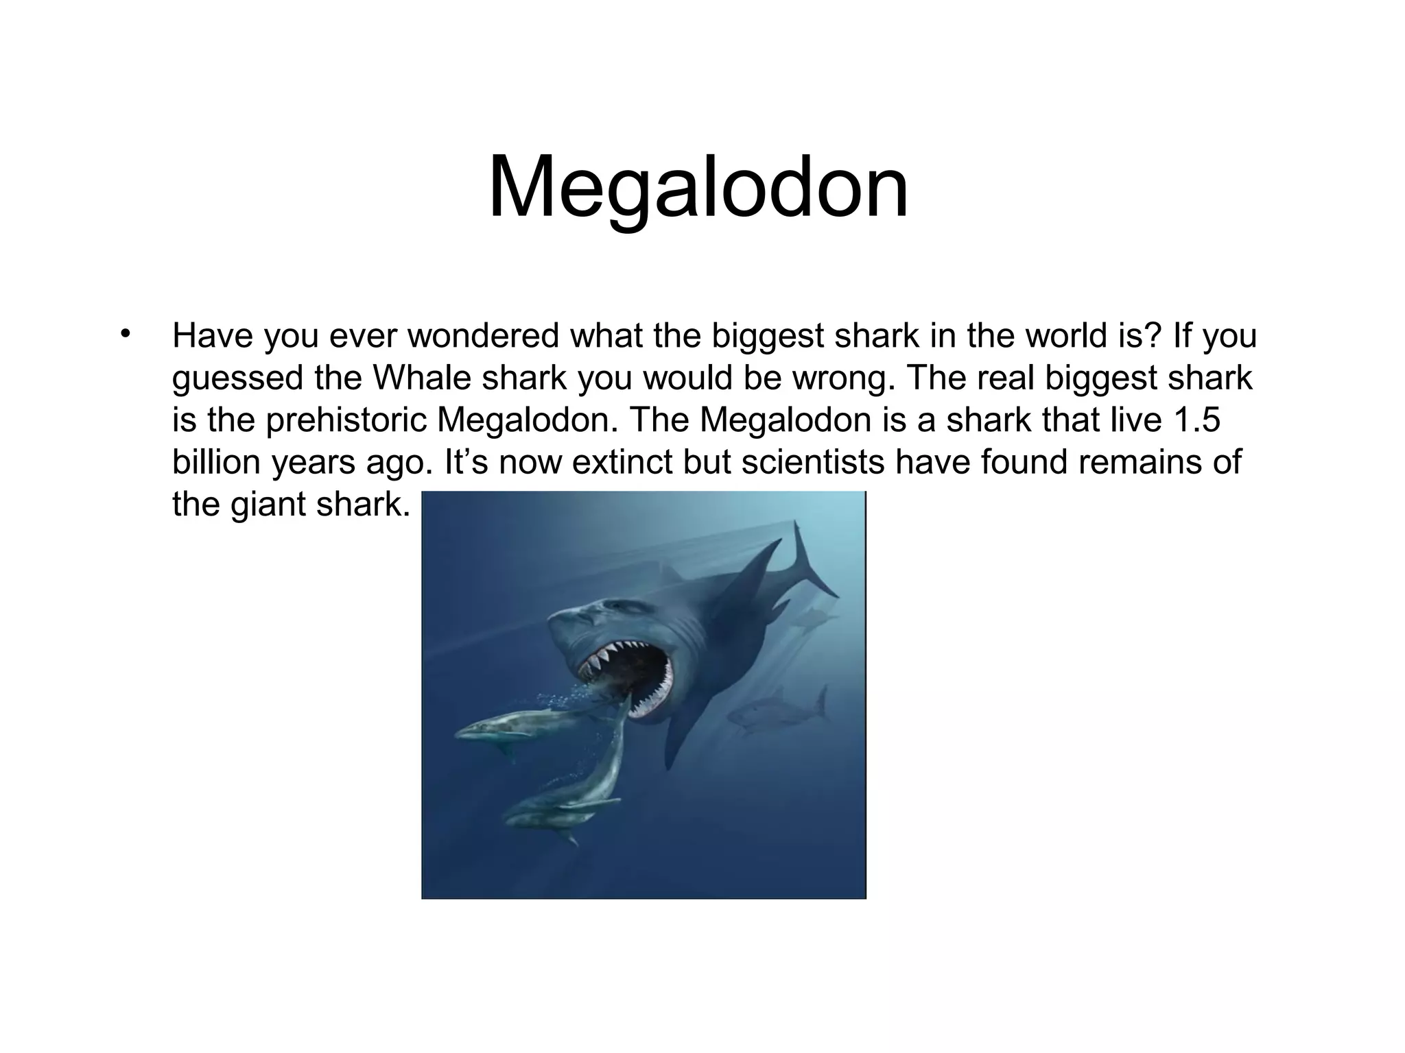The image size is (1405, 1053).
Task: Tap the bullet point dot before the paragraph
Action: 124,335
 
